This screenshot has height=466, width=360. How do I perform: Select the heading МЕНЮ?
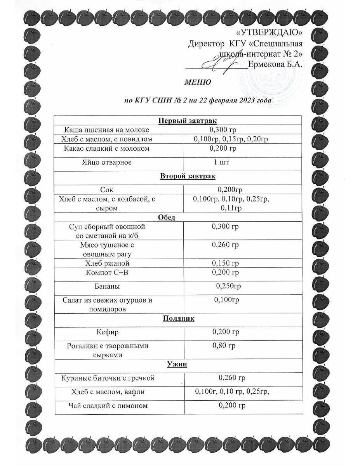pos(197,82)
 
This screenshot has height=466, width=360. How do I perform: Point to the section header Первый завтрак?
pos(188,121)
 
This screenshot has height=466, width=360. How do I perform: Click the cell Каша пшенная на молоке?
pos(106,130)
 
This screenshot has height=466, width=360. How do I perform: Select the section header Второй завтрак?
pos(188,176)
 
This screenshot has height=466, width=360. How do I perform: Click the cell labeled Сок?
pos(106,190)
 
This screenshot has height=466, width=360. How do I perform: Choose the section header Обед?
pos(167,217)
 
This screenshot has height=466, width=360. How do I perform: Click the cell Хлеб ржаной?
pos(107,263)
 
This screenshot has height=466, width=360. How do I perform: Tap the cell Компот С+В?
pos(107,272)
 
